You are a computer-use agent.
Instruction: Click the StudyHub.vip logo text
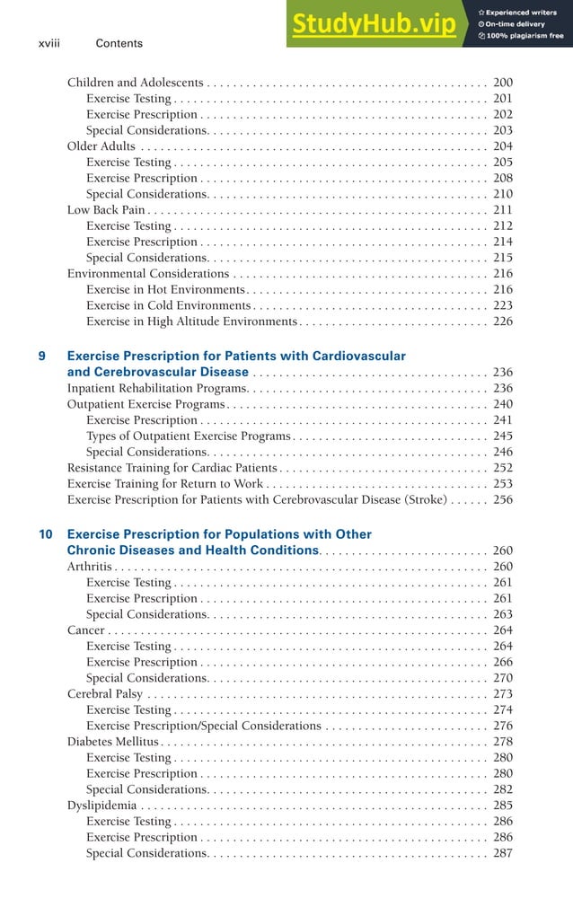tap(373, 26)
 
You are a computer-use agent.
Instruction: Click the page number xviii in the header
tap(50, 43)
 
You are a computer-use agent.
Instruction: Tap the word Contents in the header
tap(119, 43)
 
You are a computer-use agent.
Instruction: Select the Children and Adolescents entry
tap(135, 83)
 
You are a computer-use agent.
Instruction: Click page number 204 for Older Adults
tap(503, 146)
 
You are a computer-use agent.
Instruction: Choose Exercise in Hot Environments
tap(165, 290)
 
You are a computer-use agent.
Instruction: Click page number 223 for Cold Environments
tap(503, 306)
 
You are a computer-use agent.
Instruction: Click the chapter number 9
tap(43, 357)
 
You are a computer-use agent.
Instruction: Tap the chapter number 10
tap(46, 534)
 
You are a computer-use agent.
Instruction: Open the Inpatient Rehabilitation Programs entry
tap(157, 388)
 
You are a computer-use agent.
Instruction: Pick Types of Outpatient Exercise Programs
tap(189, 436)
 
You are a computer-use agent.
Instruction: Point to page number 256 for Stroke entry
tap(503, 499)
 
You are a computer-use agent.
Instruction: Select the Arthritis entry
tap(90, 567)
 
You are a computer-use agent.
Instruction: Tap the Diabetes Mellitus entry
tap(112, 742)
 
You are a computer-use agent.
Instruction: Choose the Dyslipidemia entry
tap(102, 806)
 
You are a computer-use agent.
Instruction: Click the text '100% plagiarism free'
tap(525, 36)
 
